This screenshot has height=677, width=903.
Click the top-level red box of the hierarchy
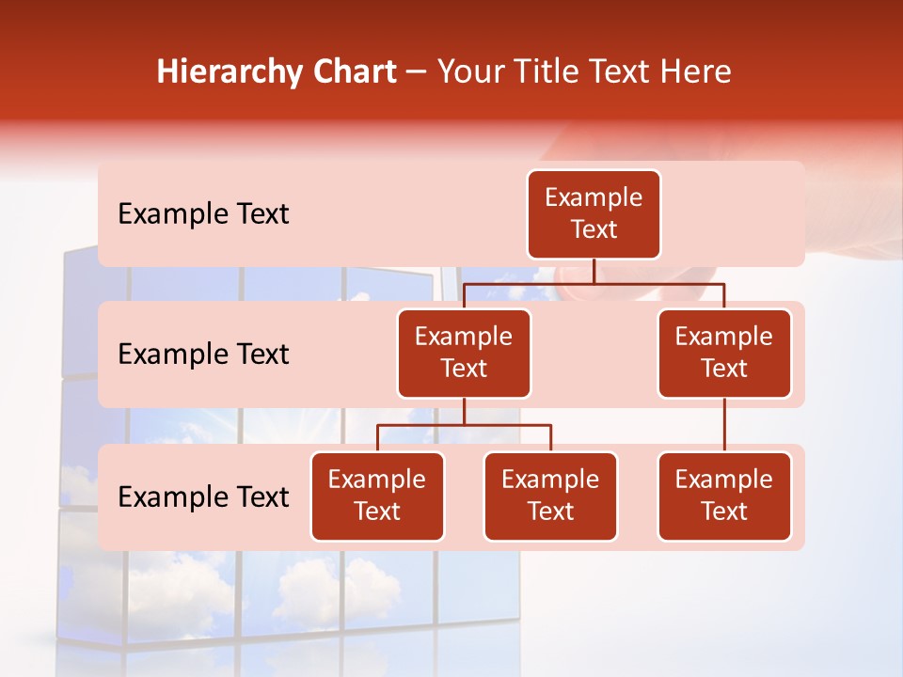point(594,213)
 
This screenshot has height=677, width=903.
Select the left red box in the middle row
point(464,353)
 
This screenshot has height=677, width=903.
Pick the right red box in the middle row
point(724,353)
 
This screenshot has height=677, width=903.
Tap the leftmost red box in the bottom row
point(377,496)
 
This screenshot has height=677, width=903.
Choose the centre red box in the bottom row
point(550,496)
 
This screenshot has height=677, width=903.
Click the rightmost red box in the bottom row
point(724,496)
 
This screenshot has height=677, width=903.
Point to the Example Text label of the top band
point(203,213)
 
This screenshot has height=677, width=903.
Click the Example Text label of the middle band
point(203,354)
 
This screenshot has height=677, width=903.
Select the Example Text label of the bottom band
point(203,496)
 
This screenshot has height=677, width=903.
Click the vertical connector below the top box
point(594,271)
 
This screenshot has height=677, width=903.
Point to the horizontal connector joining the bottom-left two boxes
point(464,425)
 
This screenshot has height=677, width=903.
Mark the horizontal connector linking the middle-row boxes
point(594,282)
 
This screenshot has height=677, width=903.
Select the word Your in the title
point(468,72)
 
